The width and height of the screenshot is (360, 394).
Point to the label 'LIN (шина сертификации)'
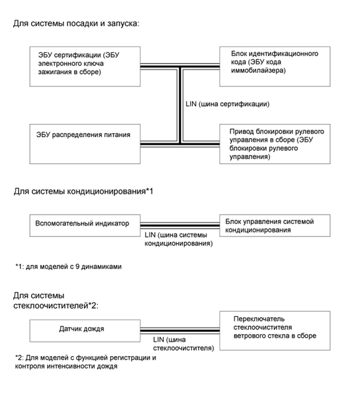[x=227, y=104]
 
